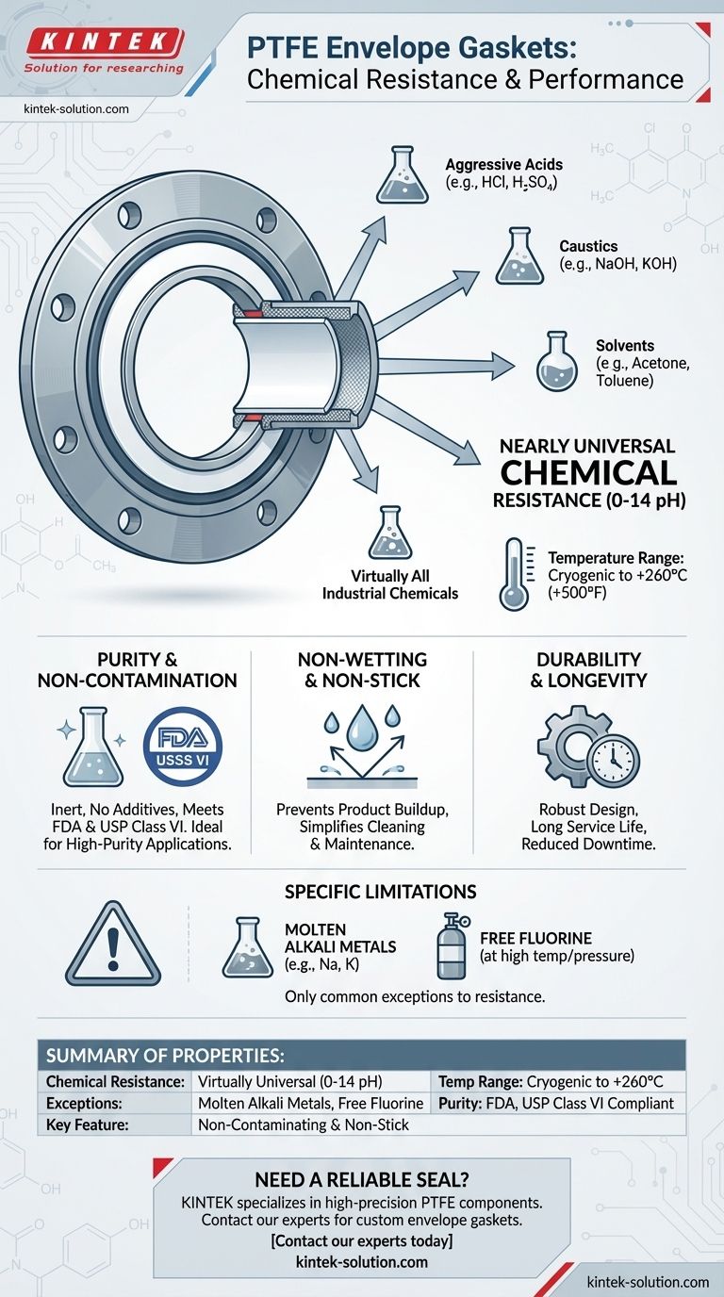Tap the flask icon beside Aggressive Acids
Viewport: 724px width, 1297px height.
(x=402, y=174)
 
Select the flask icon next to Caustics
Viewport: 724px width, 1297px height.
(x=519, y=255)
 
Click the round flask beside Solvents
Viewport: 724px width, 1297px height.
(x=556, y=361)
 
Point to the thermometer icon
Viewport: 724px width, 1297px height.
(x=515, y=573)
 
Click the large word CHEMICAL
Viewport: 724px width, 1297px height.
(x=588, y=472)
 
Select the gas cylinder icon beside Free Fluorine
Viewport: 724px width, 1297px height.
(x=452, y=946)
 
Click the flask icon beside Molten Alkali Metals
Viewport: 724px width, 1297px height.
(x=247, y=947)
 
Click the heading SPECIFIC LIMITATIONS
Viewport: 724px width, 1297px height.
(x=381, y=891)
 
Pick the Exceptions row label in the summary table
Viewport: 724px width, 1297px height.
(x=84, y=1103)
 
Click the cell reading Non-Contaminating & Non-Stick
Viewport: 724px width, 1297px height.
(x=304, y=1125)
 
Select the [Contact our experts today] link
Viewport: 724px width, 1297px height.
(x=362, y=1240)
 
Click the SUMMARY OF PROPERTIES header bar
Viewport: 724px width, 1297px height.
(x=362, y=1055)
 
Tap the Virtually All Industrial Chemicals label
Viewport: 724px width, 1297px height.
(x=389, y=584)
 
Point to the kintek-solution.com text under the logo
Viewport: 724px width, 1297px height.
(x=76, y=108)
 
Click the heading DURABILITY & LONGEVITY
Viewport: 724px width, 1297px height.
(x=588, y=670)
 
